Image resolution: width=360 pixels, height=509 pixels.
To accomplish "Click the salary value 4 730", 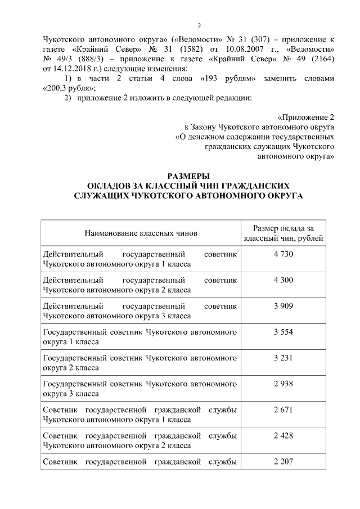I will tap(283, 255).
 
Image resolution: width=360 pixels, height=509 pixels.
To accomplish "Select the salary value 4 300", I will tap(283, 280).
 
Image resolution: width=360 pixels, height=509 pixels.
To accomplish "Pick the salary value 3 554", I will tap(283, 332).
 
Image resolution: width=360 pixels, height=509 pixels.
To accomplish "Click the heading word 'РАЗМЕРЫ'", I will tap(188, 175).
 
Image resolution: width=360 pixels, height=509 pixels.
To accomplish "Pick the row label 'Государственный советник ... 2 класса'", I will tap(139, 363).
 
